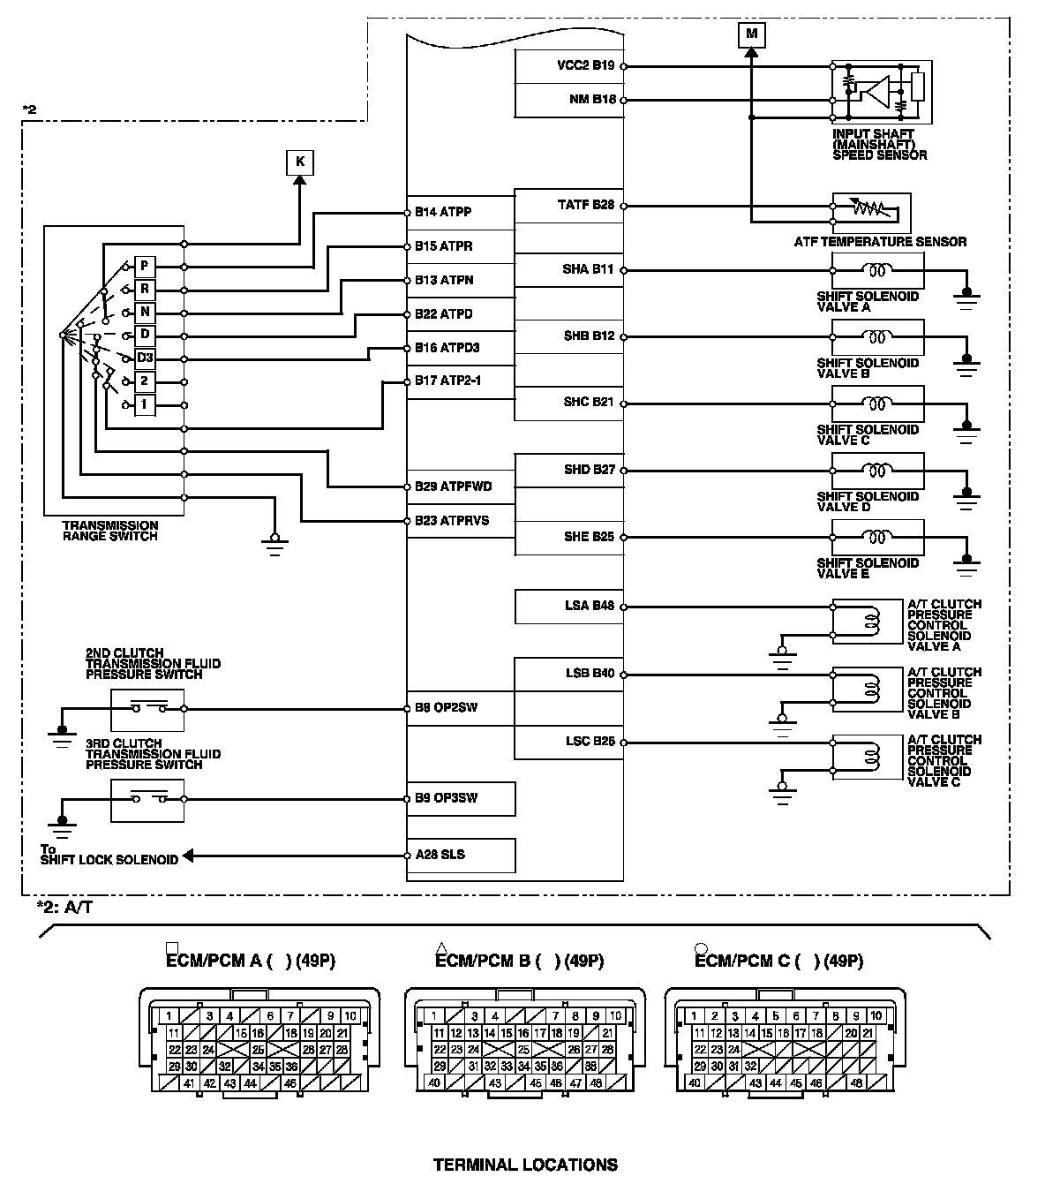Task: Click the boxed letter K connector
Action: coord(300,162)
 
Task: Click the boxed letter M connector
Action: coord(751,34)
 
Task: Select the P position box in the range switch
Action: coord(145,267)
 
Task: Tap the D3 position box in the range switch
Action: coord(145,358)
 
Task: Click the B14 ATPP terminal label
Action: coord(443,212)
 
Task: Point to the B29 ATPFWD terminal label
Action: coord(453,486)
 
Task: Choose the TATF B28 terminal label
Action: coord(585,205)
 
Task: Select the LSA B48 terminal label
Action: coord(589,606)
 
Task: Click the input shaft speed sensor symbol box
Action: coord(882,91)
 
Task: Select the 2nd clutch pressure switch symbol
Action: coord(147,709)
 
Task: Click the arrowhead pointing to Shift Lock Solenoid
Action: coord(187,856)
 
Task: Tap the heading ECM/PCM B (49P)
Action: coord(520,961)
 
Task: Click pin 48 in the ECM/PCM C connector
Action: coord(855,1083)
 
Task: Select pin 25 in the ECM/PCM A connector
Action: coord(259,1050)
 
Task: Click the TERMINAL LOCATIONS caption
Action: coord(525,1165)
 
